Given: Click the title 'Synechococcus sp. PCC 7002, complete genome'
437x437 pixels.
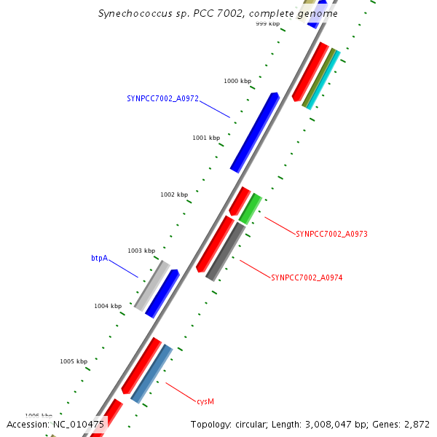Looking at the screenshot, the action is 218,13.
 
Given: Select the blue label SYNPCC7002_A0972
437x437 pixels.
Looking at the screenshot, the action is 162,98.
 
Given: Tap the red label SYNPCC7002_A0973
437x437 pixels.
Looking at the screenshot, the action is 331,234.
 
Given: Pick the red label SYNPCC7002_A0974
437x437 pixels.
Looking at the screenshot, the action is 307,277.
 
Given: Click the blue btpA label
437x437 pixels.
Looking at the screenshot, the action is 99,259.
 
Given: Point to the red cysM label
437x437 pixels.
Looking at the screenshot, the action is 205,401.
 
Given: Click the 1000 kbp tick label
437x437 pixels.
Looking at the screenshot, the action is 237,82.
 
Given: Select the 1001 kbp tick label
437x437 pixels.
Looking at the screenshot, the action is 206,138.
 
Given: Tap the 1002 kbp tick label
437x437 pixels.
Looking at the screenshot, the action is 174,194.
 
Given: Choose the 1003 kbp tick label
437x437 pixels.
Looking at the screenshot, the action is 141,251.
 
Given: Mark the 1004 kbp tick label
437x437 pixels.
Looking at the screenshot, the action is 108,306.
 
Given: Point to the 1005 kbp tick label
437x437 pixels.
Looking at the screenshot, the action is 74,361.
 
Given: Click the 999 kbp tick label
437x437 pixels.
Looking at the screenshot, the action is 267,24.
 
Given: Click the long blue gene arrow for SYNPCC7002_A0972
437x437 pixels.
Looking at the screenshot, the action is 254,133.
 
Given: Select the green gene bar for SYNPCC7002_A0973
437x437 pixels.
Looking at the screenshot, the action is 250,209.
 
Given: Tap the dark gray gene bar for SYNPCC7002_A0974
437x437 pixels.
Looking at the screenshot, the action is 226,252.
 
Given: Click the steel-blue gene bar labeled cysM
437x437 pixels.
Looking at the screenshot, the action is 151,373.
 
